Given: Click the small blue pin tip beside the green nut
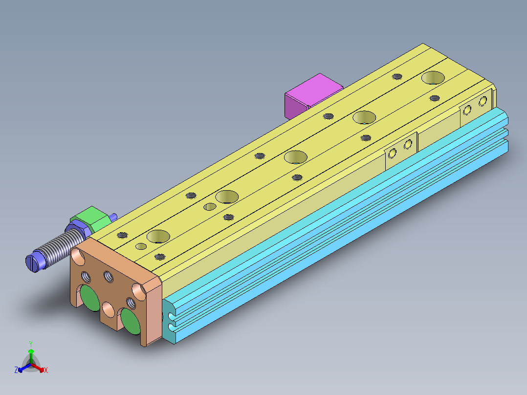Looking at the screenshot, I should click(x=114, y=217).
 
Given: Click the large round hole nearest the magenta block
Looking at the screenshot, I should click(x=364, y=117).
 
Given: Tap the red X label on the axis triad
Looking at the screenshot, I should click(x=46, y=371).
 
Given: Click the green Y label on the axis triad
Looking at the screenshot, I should click(x=31, y=344).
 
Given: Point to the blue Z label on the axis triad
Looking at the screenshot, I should click(x=16, y=371).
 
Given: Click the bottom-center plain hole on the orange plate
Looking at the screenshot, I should click(x=109, y=309).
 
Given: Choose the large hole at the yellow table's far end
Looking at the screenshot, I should click(x=434, y=77).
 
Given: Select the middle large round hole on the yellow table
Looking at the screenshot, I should click(x=295, y=157).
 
